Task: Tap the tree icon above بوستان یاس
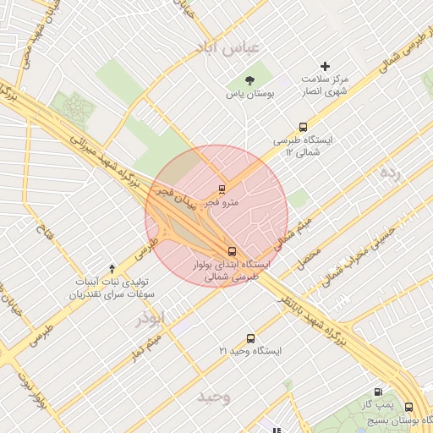coord(248,79)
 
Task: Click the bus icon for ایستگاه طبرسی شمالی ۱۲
coord(303,126)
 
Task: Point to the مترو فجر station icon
coord(222,189)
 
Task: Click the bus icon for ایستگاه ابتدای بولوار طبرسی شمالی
coord(232,250)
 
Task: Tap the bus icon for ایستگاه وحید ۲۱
coord(249,337)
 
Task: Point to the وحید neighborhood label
coord(213,397)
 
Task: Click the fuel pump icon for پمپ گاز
coord(377,392)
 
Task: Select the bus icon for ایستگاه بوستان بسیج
coord(409,407)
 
